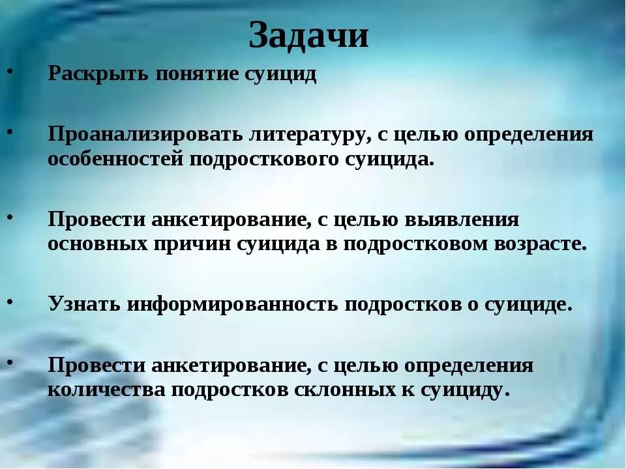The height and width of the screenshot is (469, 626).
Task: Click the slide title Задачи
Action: click(x=308, y=36)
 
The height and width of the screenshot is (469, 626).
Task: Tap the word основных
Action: click(x=97, y=244)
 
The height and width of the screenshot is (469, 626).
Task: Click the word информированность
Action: click(x=231, y=304)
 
